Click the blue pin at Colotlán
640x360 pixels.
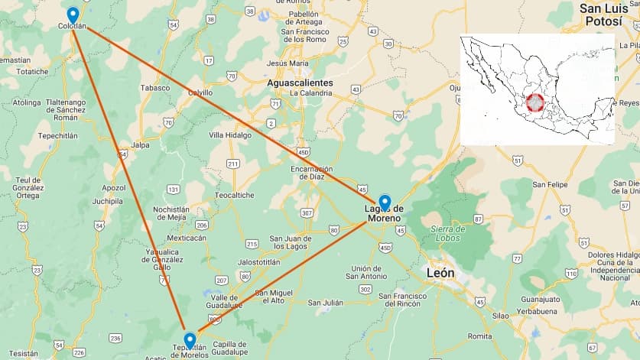coord(73,15)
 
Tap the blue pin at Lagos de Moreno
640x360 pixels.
coord(385,203)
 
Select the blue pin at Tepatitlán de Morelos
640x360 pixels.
coord(190,340)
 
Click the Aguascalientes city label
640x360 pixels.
coord(301,83)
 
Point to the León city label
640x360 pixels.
coord(440,273)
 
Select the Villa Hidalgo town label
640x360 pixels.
coord(230,135)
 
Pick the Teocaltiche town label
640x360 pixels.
coord(235,195)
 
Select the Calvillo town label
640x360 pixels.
coord(200,92)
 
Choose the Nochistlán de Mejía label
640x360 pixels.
coord(171,212)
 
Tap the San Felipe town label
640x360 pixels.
coord(550,184)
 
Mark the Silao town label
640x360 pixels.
coord(501,315)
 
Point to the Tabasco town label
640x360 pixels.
coord(154,87)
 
